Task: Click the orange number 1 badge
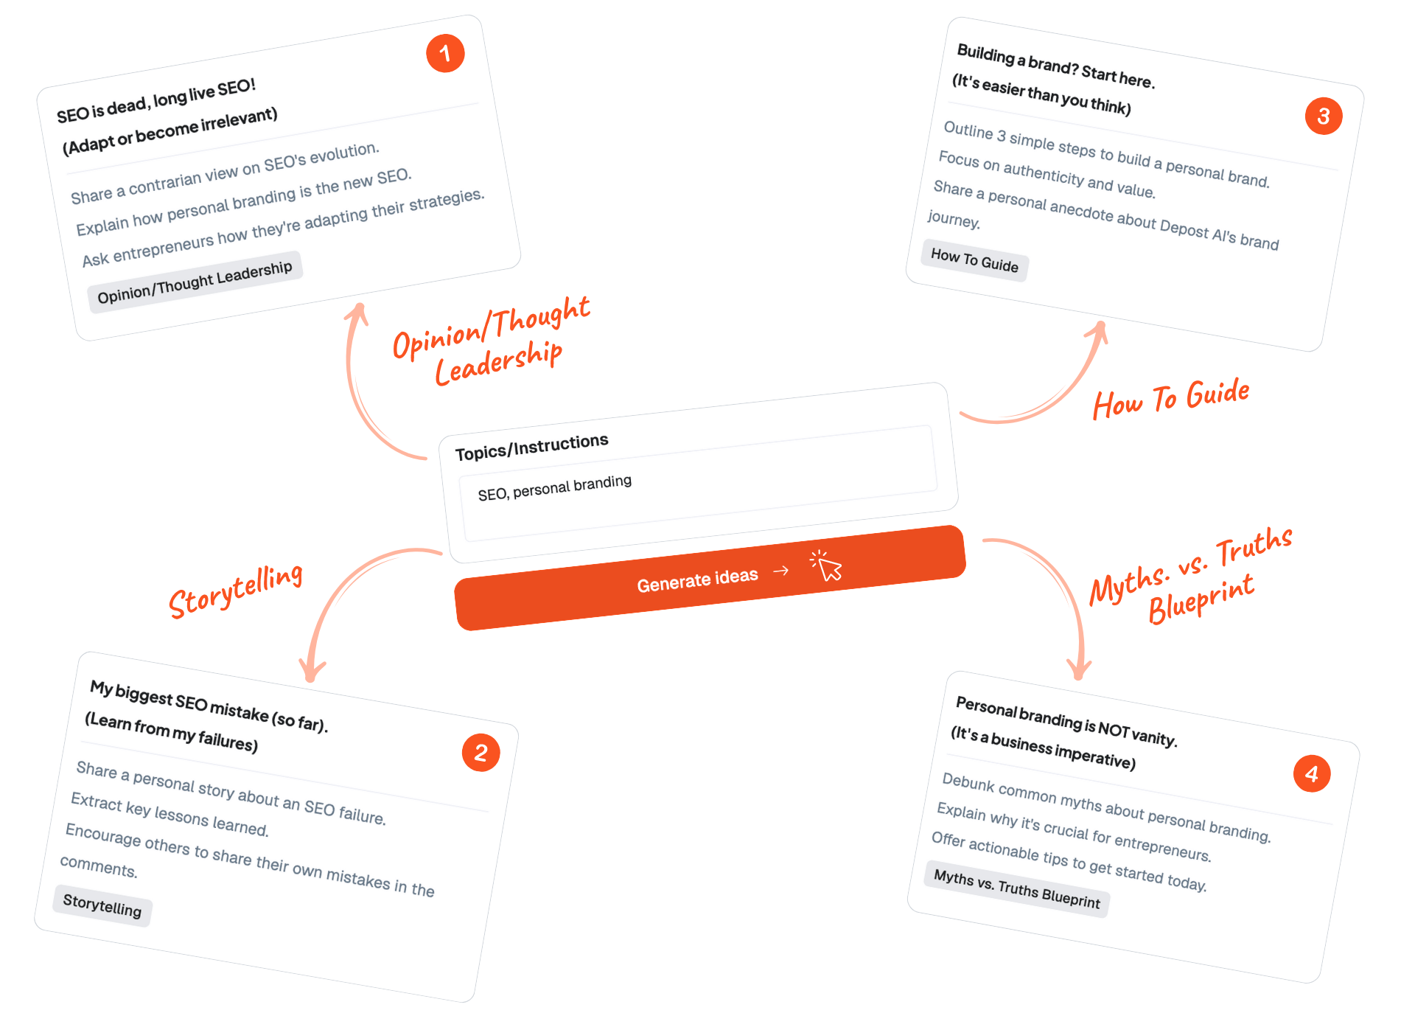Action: point(445,53)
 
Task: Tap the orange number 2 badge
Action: point(481,752)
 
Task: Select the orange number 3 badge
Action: point(1324,116)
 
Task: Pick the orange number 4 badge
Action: point(1312,773)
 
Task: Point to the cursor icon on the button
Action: point(828,566)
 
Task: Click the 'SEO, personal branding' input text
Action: point(554,488)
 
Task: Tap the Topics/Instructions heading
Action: point(531,447)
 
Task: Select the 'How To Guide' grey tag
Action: point(974,260)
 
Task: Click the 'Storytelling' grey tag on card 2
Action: point(102,905)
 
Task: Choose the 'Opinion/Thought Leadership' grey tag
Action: point(195,282)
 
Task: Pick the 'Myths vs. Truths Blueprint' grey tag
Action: point(1016,888)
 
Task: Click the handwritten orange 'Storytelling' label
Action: point(236,589)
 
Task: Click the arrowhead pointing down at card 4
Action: point(1080,670)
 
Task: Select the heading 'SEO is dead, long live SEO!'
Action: point(156,100)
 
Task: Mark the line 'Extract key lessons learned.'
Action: point(170,814)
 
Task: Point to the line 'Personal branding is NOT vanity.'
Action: point(1066,721)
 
